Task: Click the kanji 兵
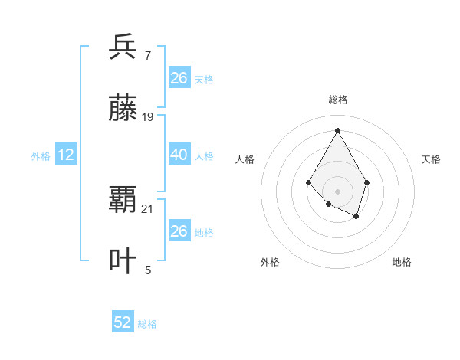(x=123, y=47)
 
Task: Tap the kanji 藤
(x=123, y=108)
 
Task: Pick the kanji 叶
(x=123, y=261)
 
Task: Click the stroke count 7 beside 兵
(x=148, y=56)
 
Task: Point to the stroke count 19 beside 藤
(x=148, y=117)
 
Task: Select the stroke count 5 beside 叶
(x=148, y=270)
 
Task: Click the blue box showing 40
(x=179, y=155)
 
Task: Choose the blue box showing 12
(x=66, y=155)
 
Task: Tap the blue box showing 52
(x=123, y=322)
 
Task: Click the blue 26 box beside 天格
(x=179, y=78)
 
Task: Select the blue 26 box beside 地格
(x=179, y=231)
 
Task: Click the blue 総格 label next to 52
(x=147, y=324)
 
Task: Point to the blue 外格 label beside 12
(x=41, y=156)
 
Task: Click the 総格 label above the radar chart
(x=337, y=100)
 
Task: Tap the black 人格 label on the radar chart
(x=245, y=159)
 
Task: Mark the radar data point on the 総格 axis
(x=337, y=130)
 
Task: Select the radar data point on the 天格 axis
(x=367, y=182)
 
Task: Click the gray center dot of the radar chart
(x=337, y=191)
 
